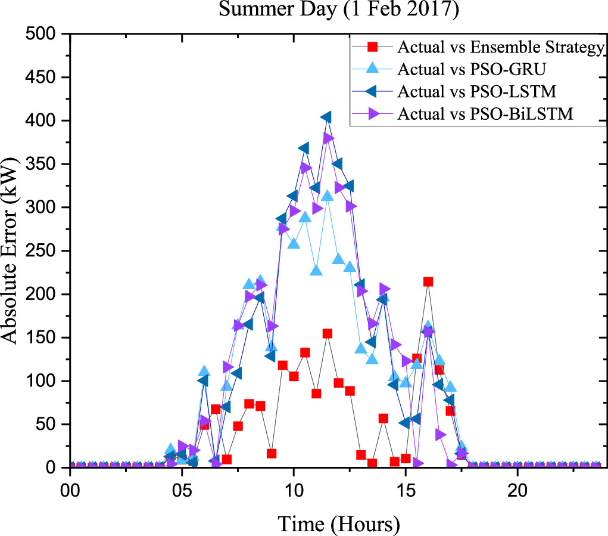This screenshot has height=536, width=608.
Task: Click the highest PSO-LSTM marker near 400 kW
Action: pyautogui.click(x=326, y=117)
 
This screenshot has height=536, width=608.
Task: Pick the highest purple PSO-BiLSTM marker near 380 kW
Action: pyautogui.click(x=328, y=138)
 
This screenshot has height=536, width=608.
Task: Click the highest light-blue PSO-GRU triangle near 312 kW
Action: pyautogui.click(x=327, y=196)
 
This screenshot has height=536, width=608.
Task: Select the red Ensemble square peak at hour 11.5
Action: pyautogui.click(x=327, y=334)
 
